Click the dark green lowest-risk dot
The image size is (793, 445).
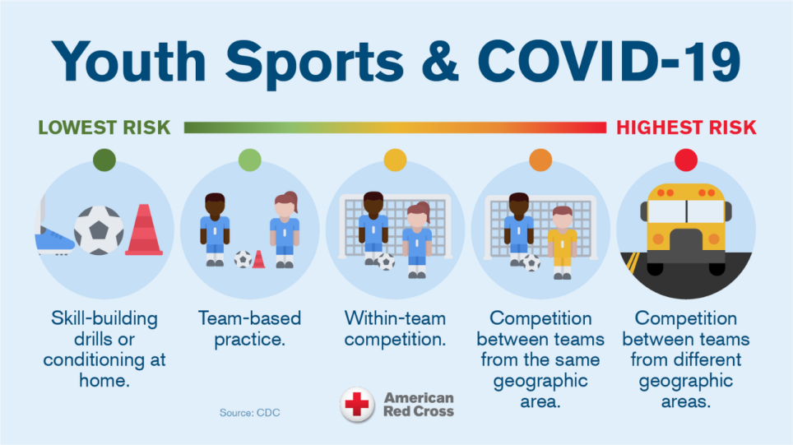[x=104, y=160]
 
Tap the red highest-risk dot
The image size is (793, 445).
[x=685, y=160]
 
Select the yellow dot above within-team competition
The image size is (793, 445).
[x=396, y=160]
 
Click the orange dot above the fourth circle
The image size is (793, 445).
[x=540, y=160]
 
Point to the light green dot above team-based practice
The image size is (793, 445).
[x=250, y=160]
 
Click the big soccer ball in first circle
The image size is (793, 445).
[x=99, y=229]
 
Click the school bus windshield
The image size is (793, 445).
[x=685, y=211]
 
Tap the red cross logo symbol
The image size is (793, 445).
[x=357, y=405]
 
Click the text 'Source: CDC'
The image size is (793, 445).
[x=249, y=412]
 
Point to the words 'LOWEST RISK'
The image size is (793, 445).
[x=104, y=127]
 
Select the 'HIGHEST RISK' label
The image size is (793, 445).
[x=686, y=127]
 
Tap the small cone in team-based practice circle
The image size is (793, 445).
[x=258, y=259]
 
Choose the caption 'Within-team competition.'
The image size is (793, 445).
[x=396, y=328]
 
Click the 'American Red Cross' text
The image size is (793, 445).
[x=418, y=405]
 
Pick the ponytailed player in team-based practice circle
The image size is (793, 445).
[x=285, y=229]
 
